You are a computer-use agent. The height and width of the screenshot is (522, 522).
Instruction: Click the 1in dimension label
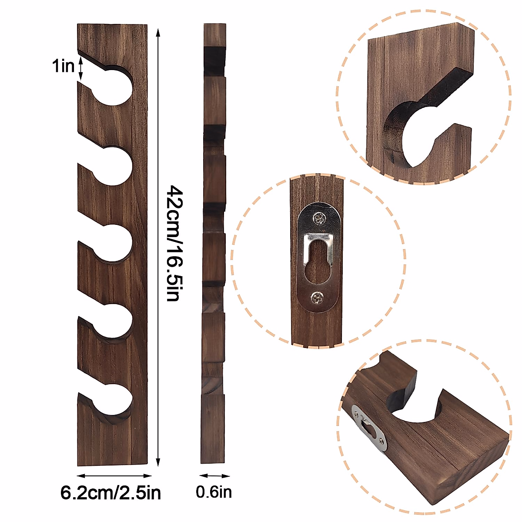pos(63,66)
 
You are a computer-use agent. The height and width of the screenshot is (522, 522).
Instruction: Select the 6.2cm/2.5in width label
pos(110,493)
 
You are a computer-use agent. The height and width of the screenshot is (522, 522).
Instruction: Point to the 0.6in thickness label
pos(214,492)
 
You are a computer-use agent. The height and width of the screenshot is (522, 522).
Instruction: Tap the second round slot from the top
pos(114,165)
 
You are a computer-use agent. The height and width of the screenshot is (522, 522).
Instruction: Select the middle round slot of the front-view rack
pos(114,244)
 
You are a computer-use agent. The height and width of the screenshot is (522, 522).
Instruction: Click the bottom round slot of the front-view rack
pos(114,398)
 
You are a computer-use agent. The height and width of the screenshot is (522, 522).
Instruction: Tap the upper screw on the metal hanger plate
pos(321,218)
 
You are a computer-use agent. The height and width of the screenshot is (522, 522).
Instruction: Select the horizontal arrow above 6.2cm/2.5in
pos(114,476)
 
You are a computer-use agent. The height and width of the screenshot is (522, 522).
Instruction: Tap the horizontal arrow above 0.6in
pos(215,476)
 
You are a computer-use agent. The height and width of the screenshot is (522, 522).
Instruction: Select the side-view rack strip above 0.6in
pos(214,244)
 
